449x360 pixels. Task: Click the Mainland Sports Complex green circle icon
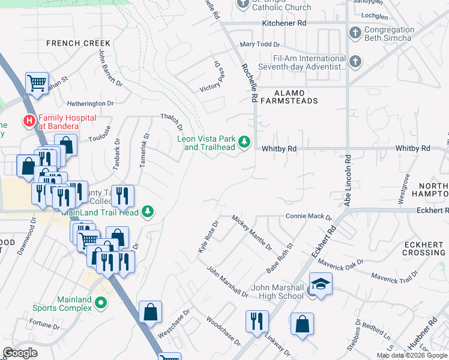101,304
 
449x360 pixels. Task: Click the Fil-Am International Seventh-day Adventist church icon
355,61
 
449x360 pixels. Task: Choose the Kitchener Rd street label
284,23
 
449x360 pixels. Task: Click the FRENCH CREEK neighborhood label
78,43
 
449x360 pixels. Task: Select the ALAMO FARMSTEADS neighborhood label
289,98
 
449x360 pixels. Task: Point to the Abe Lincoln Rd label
348,180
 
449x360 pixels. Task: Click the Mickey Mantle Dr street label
252,233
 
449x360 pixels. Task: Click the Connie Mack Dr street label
309,216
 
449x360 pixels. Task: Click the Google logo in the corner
20,353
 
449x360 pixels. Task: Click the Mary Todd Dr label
260,44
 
